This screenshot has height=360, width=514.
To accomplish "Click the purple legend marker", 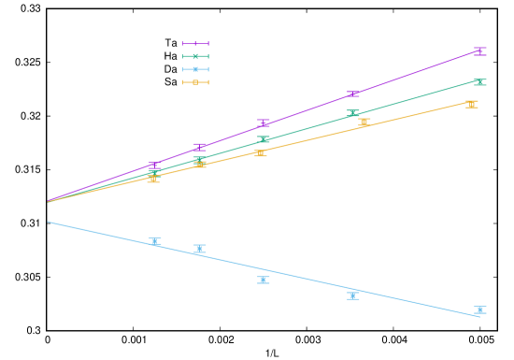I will point(195,43).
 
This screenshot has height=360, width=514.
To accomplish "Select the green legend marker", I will point(195,56).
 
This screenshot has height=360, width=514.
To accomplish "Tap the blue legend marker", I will point(195,69).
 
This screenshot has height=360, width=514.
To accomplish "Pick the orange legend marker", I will point(195,82).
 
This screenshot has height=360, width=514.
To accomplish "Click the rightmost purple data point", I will point(479,50).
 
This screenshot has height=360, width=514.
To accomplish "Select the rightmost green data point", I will point(479,82).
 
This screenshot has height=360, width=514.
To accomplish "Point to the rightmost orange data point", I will point(471,104).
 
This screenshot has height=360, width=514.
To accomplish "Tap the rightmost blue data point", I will point(479,310).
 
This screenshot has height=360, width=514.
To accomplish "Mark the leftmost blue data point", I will point(155,241).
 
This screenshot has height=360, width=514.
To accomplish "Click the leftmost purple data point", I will point(153,166).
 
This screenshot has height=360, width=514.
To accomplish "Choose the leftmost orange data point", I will point(153,179).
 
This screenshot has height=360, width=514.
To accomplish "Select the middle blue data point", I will point(264,280).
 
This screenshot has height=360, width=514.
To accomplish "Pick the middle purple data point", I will point(264,122).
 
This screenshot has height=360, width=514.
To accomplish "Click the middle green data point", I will point(264,139).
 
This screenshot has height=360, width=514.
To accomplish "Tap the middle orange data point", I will point(260,152).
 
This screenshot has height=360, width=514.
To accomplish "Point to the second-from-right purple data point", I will point(353,94).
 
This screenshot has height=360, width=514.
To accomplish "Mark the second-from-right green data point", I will point(353,113).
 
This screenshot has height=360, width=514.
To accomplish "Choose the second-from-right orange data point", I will point(364,122).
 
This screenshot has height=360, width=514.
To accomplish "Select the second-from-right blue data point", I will point(353,295).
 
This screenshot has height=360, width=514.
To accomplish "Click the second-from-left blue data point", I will point(200,249).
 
